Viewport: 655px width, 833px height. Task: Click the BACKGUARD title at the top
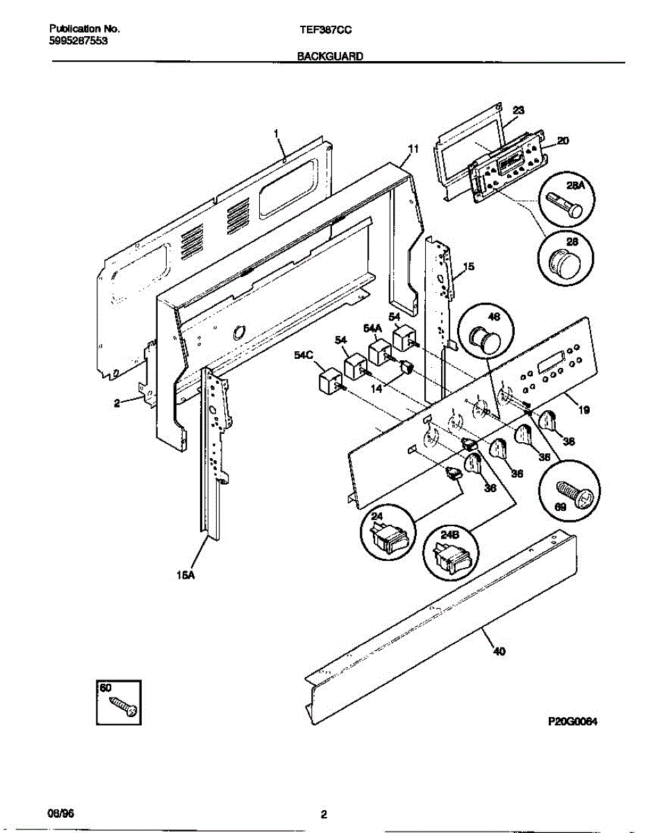(330, 58)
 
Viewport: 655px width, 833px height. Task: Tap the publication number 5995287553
(78, 41)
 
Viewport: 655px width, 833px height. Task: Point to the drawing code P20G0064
(573, 721)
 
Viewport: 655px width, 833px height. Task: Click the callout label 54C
(304, 355)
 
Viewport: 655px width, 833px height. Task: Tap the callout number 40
(499, 650)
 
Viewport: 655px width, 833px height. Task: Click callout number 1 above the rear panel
(276, 133)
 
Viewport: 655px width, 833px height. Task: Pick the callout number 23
(518, 110)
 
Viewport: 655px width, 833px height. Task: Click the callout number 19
(583, 410)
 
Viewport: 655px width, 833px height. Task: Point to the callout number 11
(413, 149)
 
